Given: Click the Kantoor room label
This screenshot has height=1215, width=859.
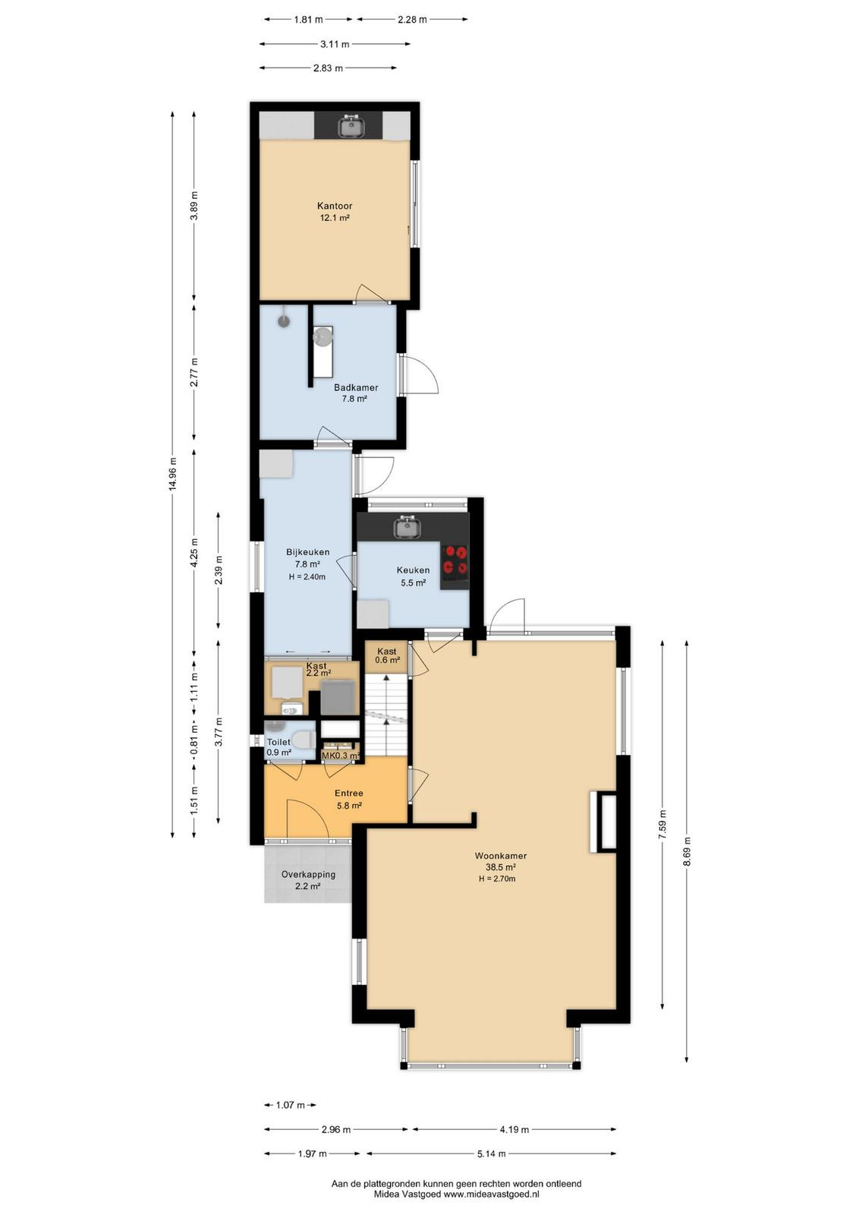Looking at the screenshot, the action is tap(335, 206).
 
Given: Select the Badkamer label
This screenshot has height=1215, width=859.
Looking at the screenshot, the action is tap(356, 387).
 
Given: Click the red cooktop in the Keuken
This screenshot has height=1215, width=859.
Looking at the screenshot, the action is tap(455, 560).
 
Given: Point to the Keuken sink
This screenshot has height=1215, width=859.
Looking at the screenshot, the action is tap(407, 527).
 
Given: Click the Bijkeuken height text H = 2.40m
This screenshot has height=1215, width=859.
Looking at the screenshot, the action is tap(307, 576).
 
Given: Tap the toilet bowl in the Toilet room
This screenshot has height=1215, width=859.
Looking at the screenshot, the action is tap(303, 738).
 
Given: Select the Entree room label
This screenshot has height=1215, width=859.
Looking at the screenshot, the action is tap(348, 793).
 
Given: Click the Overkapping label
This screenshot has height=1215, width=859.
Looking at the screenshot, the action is tap(308, 874).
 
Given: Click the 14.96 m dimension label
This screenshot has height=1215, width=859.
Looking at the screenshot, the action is tap(172, 472).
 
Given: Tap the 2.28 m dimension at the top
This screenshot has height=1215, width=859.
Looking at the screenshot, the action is tap(412, 20).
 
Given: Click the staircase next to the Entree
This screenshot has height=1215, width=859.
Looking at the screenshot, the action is tap(385, 714).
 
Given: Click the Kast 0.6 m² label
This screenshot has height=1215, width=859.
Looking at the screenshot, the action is tap(387, 655).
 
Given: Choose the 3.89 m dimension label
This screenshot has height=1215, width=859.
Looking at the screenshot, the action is tap(194, 205).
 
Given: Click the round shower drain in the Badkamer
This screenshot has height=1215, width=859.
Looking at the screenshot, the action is tap(284, 320).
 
